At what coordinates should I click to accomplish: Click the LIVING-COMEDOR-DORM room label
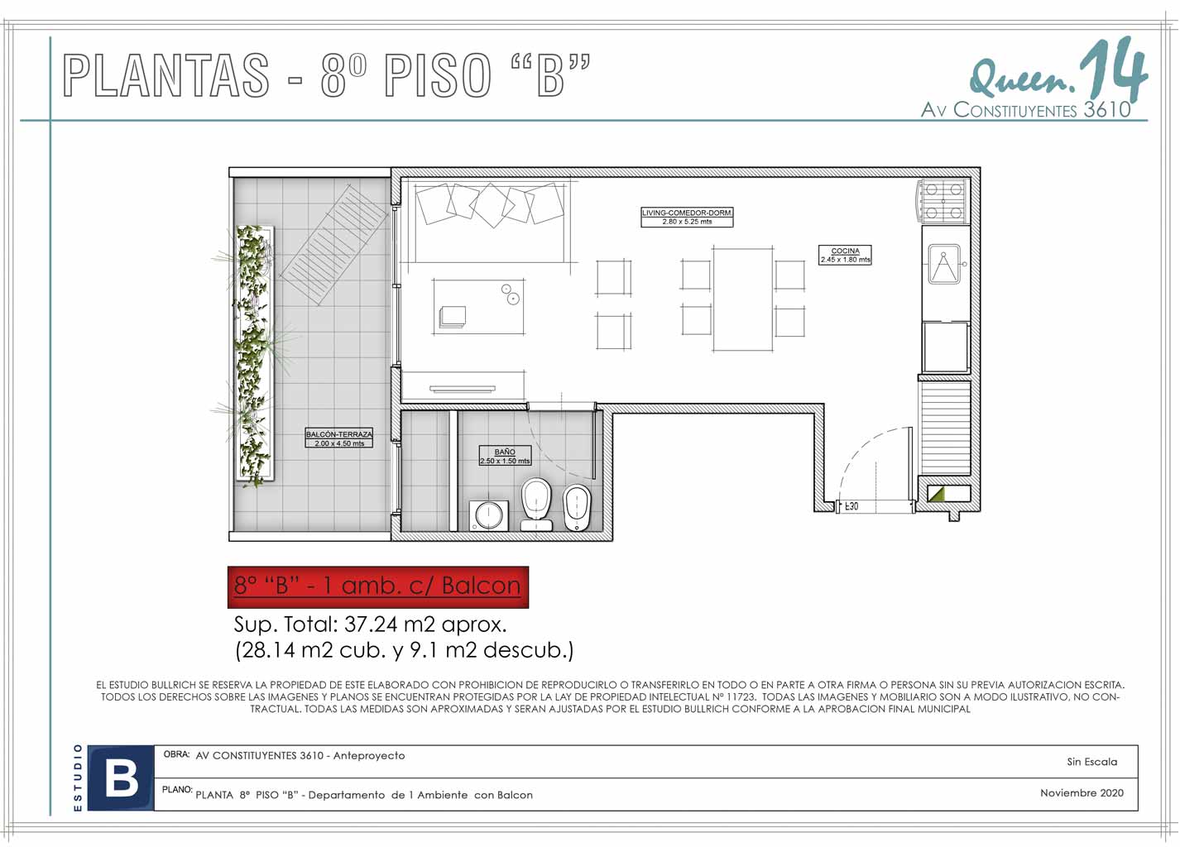click(687, 217)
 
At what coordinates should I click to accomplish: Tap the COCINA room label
click(845, 255)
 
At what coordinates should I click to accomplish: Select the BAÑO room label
click(505, 456)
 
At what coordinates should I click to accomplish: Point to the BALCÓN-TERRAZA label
click(339, 438)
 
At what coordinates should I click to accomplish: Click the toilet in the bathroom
click(536, 504)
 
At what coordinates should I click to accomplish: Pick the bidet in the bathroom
click(578, 508)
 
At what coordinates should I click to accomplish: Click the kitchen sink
click(945, 264)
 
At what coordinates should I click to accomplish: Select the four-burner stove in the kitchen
click(943, 201)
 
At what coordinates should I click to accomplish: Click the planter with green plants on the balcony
click(254, 354)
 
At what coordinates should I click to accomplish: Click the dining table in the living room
click(743, 299)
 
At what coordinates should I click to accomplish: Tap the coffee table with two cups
click(478, 306)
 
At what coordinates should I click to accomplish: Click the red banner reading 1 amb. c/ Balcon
click(377, 587)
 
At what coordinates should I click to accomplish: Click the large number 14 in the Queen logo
click(1113, 72)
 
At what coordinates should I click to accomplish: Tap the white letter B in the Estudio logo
click(122, 778)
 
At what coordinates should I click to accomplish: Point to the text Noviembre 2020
click(1082, 792)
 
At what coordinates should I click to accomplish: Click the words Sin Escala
click(1092, 762)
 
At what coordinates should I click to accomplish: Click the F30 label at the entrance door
click(851, 506)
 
